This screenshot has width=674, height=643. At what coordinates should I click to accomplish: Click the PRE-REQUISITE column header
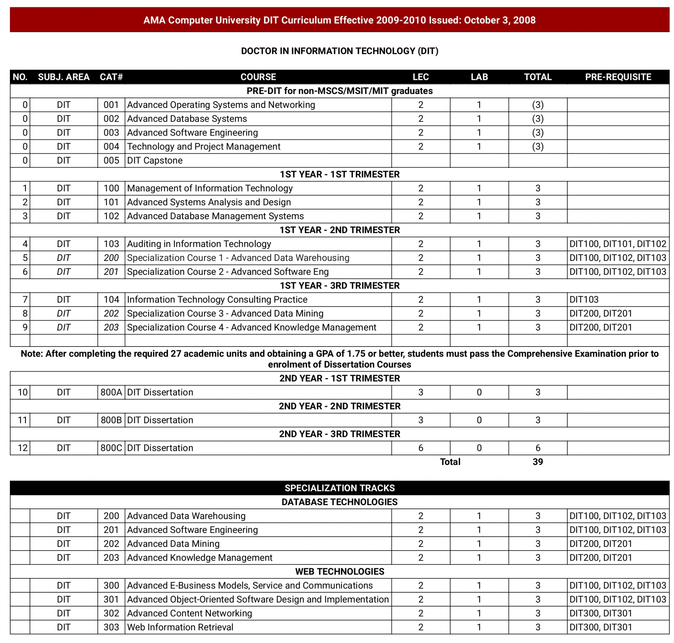[617, 77]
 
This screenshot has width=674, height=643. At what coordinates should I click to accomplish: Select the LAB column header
[479, 77]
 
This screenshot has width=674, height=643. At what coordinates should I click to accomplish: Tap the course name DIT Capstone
[155, 160]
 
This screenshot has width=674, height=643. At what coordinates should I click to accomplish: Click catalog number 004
[111, 146]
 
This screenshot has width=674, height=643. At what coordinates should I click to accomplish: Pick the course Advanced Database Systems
[187, 118]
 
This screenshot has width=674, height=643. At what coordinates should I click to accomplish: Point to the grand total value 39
[537, 462]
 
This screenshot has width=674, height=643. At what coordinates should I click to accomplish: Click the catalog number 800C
[111, 448]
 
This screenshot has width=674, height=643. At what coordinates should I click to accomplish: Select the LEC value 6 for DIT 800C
[421, 448]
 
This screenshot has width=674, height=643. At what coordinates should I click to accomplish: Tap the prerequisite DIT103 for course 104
[584, 299]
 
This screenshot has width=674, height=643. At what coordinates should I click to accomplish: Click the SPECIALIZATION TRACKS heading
[339, 488]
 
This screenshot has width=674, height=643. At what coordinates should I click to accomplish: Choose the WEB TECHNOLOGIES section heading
[339, 571]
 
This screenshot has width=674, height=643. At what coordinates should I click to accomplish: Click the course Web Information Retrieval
[180, 627]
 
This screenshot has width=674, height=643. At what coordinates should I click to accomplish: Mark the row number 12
[23, 448]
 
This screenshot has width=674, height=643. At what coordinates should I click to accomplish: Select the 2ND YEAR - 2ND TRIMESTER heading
[339, 406]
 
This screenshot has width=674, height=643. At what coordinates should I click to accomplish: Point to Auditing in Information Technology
[199, 244]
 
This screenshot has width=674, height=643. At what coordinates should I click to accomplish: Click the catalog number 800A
[111, 392]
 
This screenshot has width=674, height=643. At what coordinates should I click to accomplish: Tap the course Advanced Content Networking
[189, 613]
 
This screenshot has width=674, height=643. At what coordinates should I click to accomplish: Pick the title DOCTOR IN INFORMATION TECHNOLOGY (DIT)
[339, 51]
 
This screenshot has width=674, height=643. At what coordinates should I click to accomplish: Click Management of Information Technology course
[210, 188]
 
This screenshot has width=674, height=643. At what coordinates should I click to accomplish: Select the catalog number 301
[111, 599]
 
